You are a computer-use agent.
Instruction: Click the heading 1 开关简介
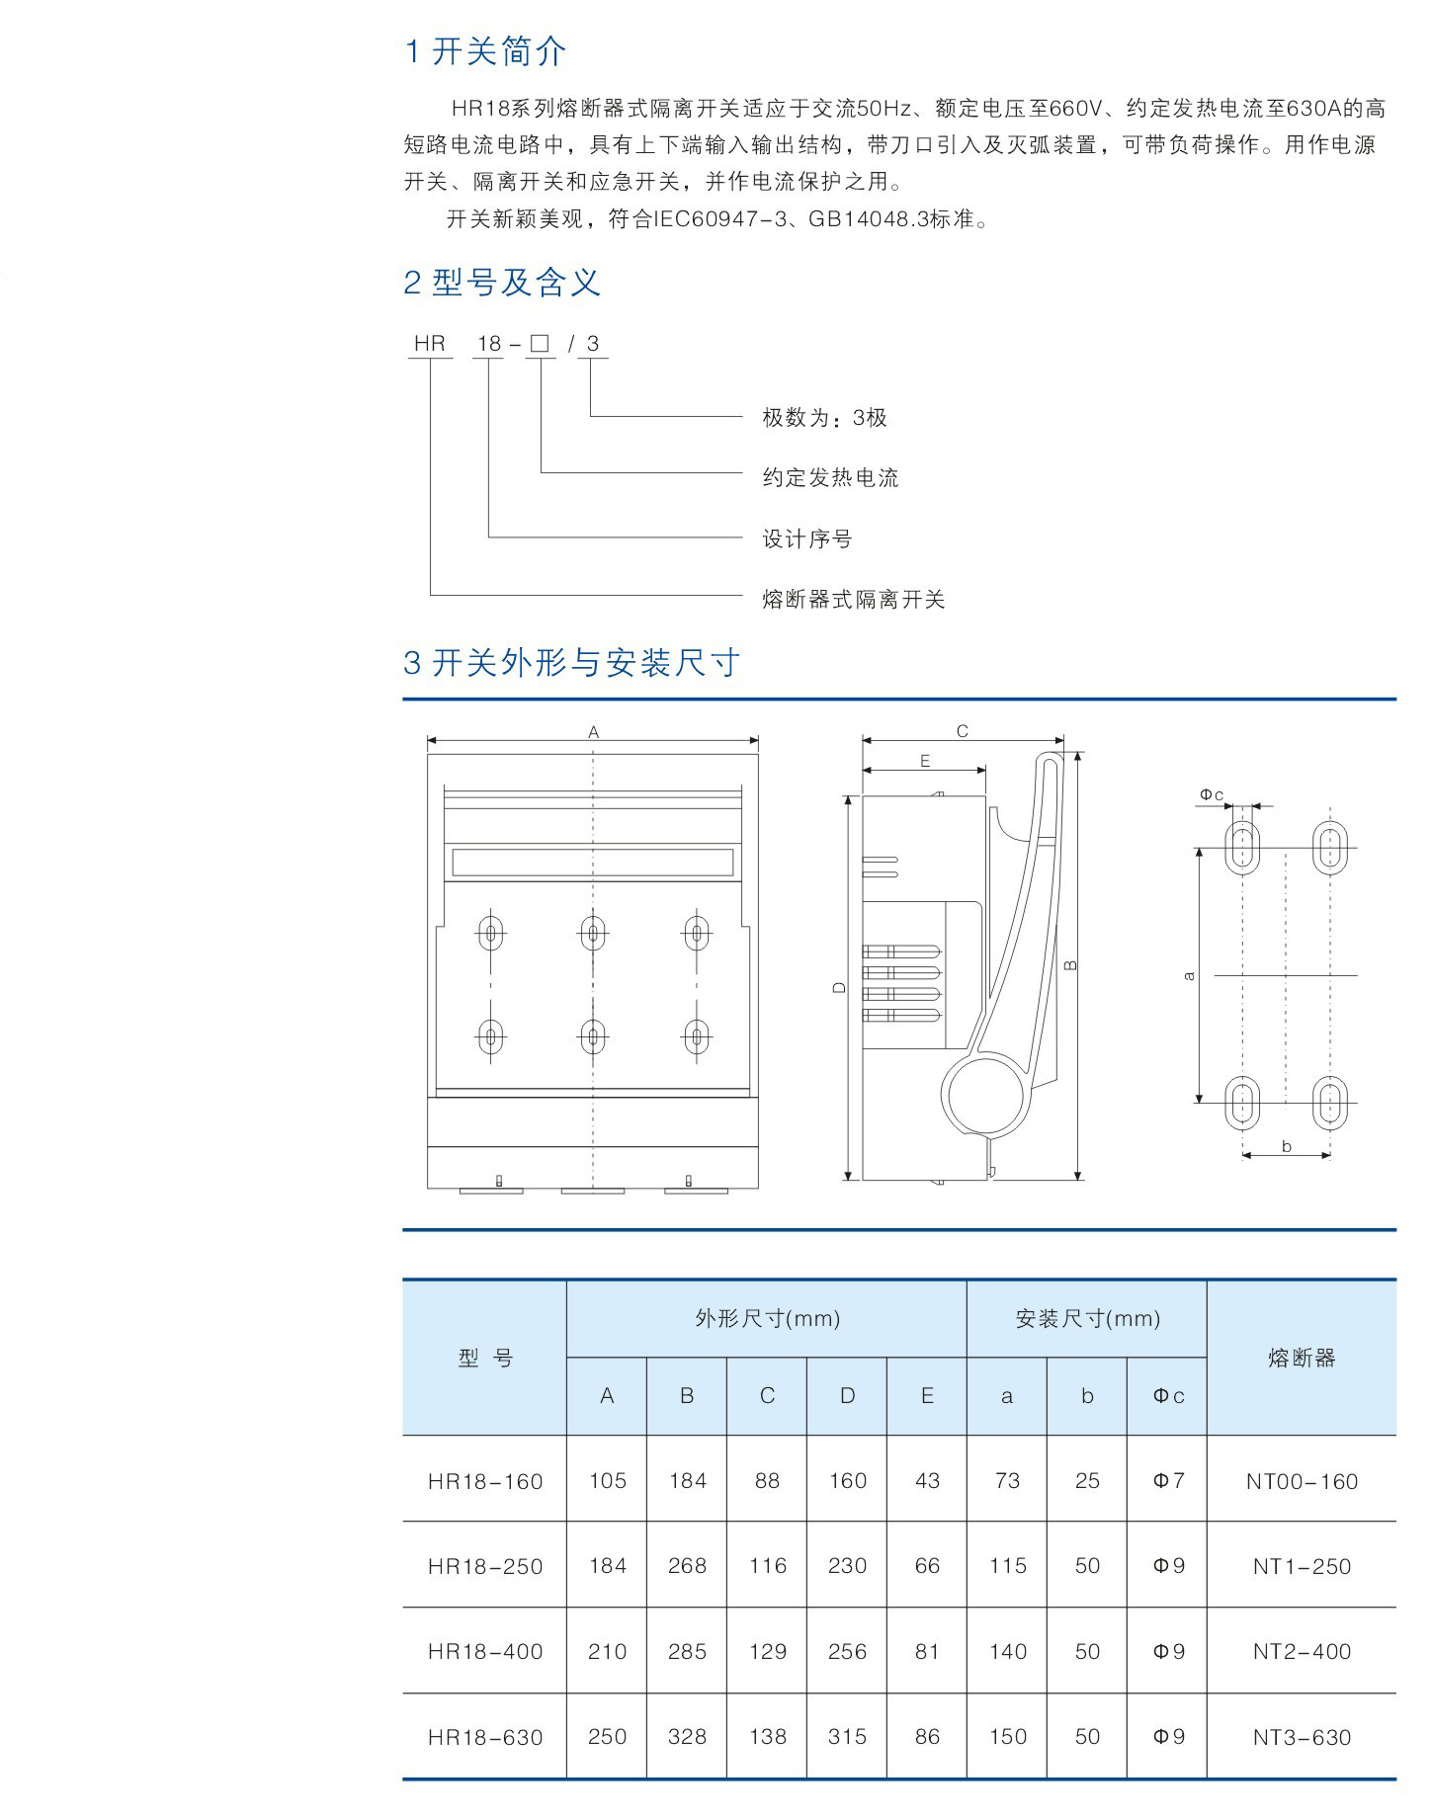pyautogui.click(x=485, y=51)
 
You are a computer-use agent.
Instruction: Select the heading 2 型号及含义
pyautogui.click(x=502, y=284)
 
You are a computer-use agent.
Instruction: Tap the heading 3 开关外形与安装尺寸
pyautogui.click(x=571, y=663)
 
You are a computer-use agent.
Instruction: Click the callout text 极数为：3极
pyautogui.click(x=824, y=418)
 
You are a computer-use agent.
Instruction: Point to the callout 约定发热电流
pyautogui.click(x=830, y=478)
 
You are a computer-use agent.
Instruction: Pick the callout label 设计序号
pyautogui.click(x=806, y=539)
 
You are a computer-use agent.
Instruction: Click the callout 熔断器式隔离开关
pyautogui.click(x=853, y=600)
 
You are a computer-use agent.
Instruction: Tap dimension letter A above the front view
pyautogui.click(x=593, y=732)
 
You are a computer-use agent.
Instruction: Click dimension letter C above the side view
pyautogui.click(x=962, y=731)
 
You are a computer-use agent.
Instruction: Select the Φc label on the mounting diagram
pyautogui.click(x=1212, y=794)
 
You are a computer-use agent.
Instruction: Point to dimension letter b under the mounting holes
pyautogui.click(x=1286, y=1146)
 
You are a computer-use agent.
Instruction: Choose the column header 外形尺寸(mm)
pyautogui.click(x=767, y=1318)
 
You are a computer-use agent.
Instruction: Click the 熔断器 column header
pyautogui.click(x=1302, y=1359)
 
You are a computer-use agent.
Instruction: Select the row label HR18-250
pyautogui.click(x=485, y=1566)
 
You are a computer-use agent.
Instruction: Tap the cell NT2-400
pyautogui.click(x=1302, y=1651)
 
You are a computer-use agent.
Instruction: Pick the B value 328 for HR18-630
pyautogui.click(x=687, y=1737)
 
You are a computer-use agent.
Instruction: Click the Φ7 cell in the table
pyautogui.click(x=1168, y=1481)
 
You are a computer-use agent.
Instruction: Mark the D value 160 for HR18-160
pyautogui.click(x=847, y=1481)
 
